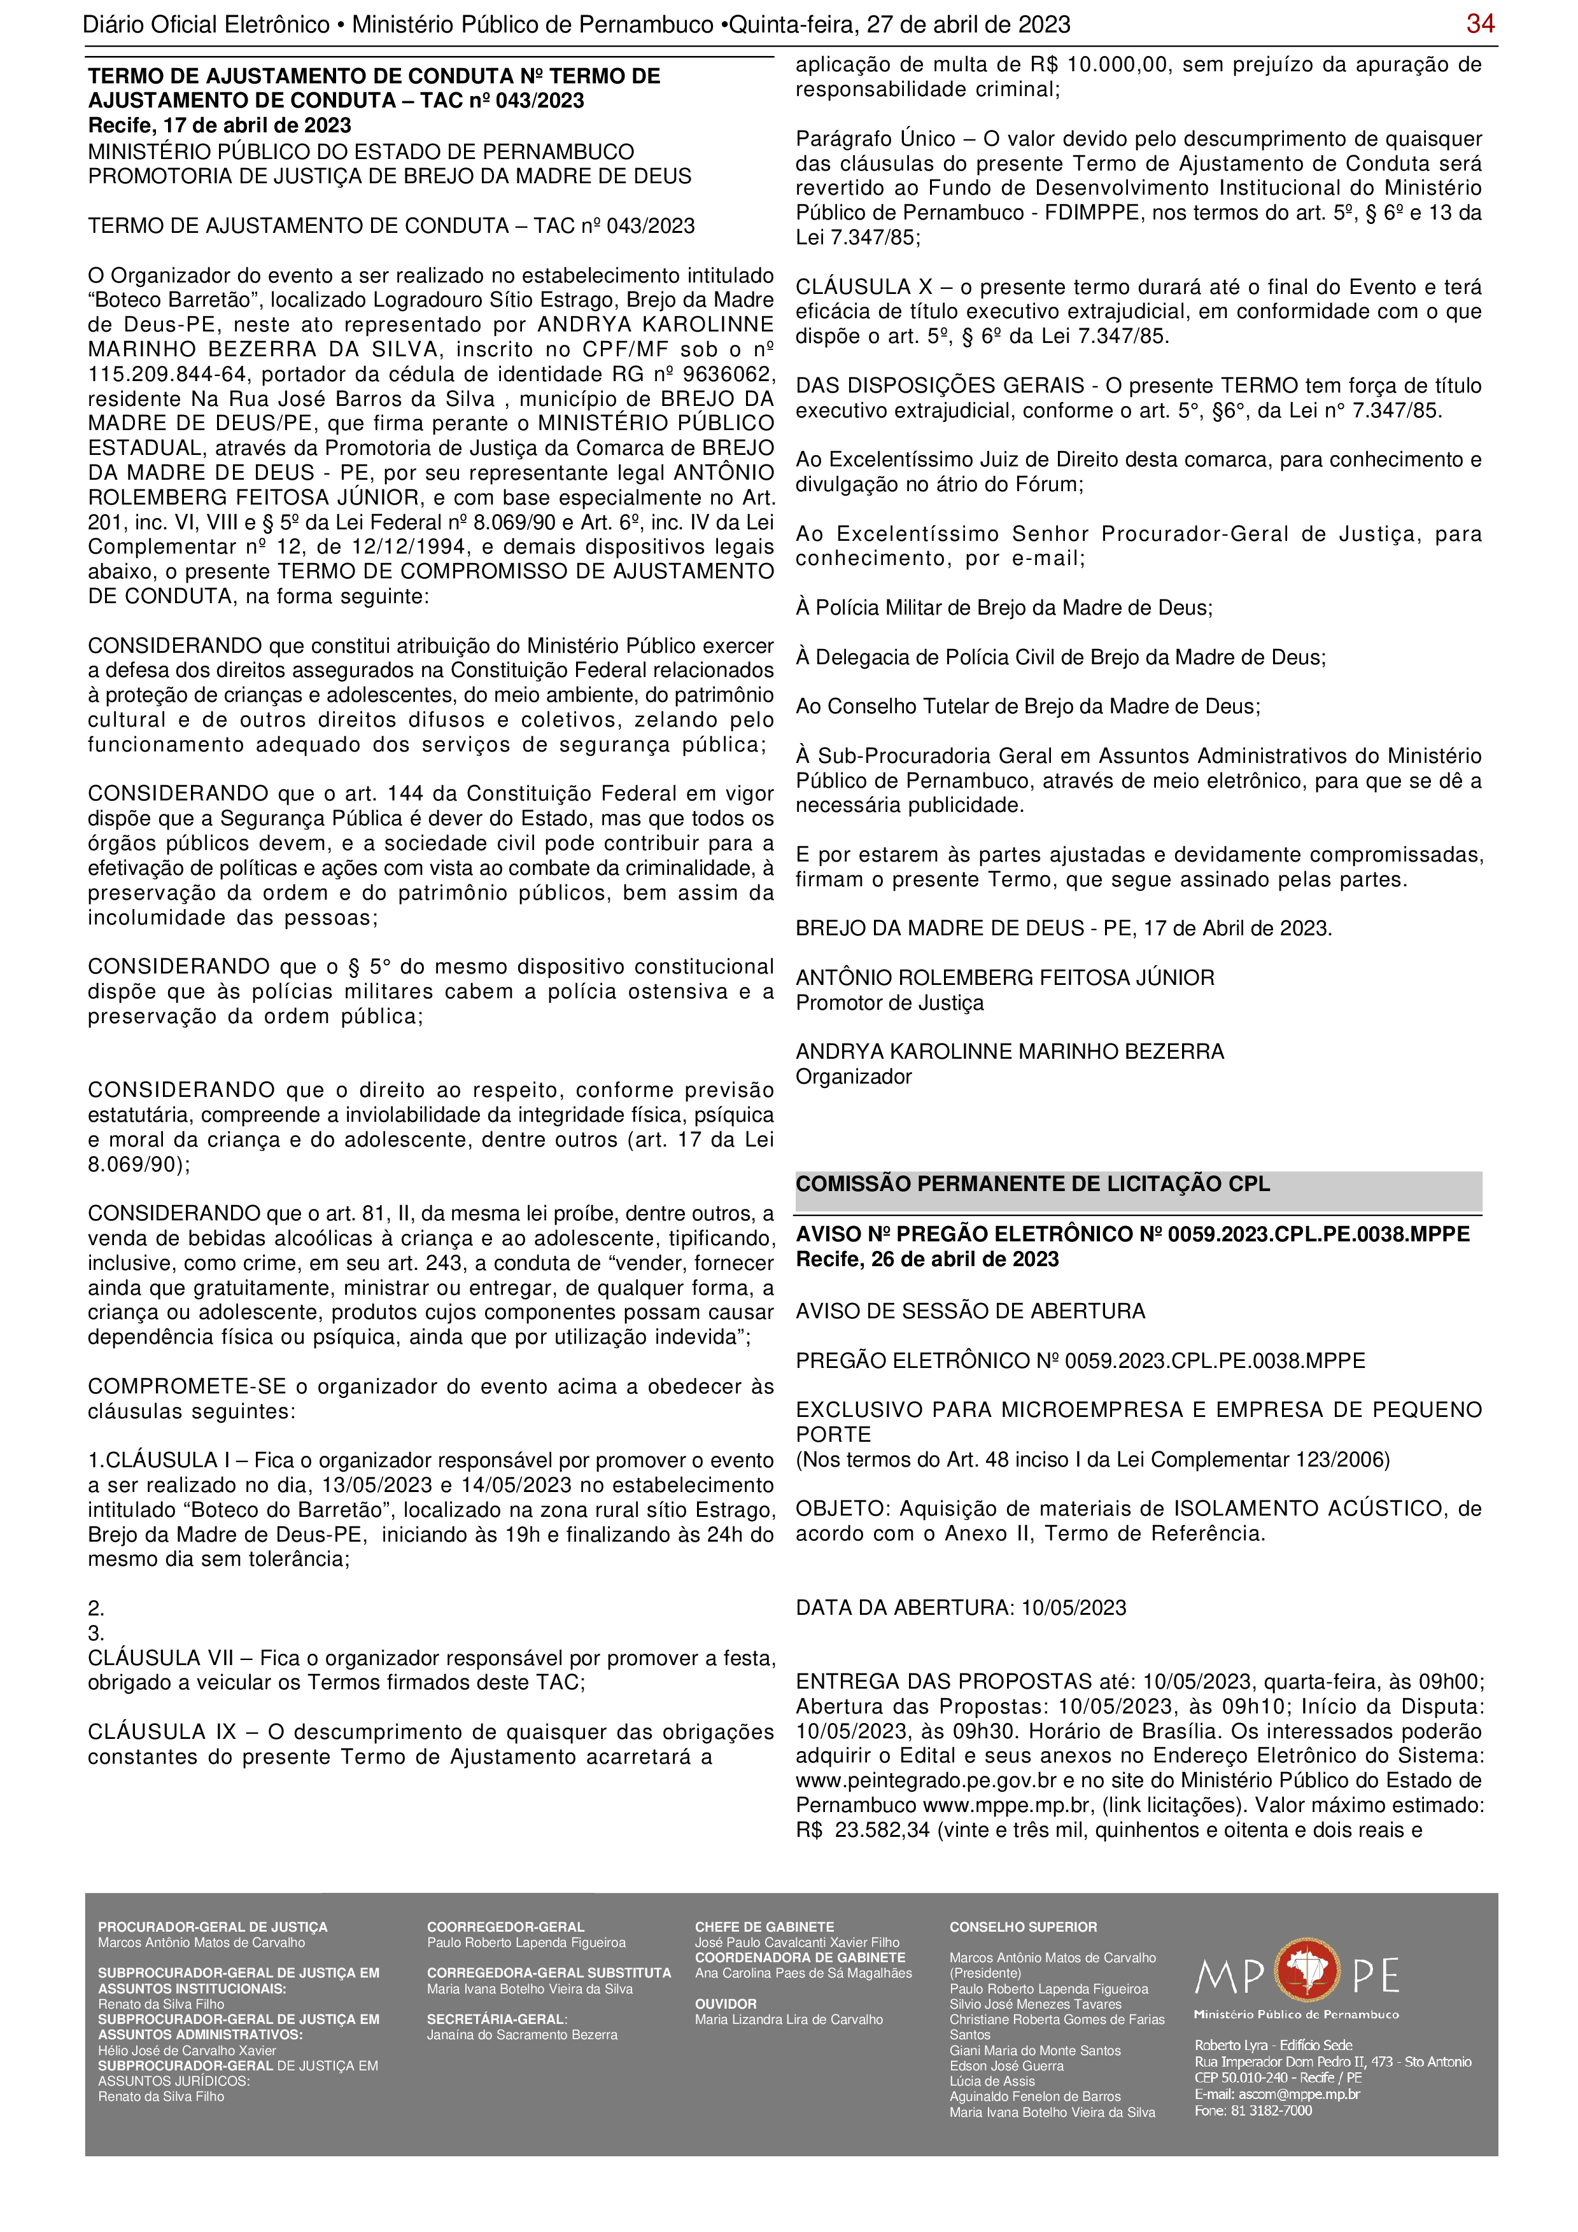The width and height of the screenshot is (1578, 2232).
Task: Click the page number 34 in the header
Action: (x=1480, y=24)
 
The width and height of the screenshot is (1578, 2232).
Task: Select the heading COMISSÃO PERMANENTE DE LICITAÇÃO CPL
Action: (x=1032, y=1184)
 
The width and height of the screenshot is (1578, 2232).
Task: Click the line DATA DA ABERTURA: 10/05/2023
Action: (x=961, y=1608)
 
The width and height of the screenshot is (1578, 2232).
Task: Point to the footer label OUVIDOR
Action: (x=725, y=2004)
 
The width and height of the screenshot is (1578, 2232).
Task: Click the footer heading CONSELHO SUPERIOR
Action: (x=1023, y=1927)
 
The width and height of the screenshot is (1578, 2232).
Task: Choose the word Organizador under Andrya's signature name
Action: (x=854, y=1077)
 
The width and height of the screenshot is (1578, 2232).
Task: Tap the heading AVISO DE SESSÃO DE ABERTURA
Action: (x=970, y=1311)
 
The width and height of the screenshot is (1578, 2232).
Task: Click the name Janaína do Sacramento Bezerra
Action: (x=522, y=2035)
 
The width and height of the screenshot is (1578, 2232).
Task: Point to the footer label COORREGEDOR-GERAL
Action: (x=505, y=1927)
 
